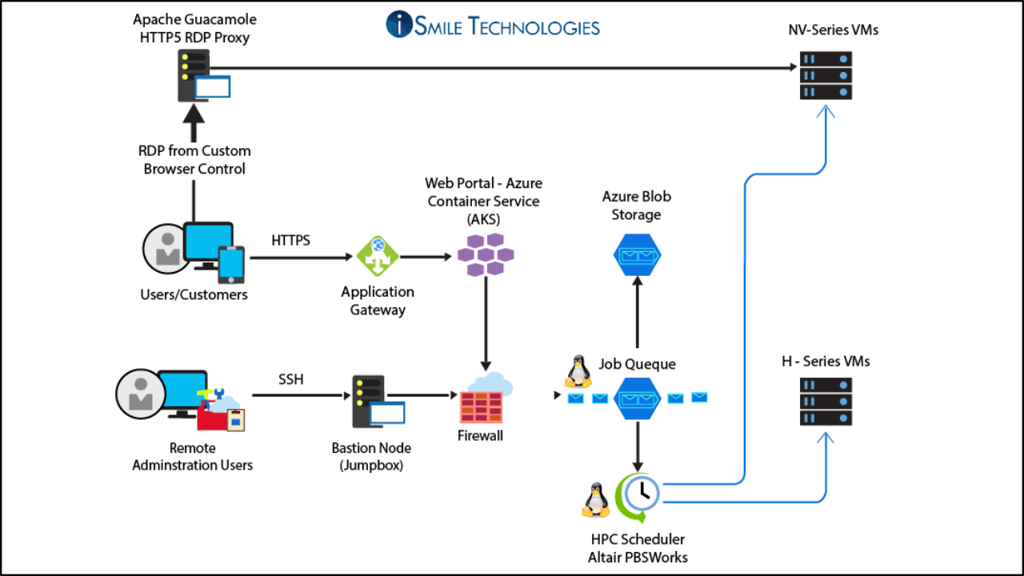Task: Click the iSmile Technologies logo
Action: tap(492, 24)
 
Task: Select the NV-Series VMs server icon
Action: tap(826, 75)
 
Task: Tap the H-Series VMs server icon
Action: tap(826, 402)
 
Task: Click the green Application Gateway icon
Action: tap(377, 257)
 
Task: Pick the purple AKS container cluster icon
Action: tap(485, 255)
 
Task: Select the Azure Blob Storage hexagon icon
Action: tap(637, 255)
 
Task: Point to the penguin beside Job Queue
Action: tap(577, 372)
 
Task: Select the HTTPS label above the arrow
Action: tap(291, 240)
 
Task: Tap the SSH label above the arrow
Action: tap(290, 379)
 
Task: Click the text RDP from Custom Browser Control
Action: tap(194, 160)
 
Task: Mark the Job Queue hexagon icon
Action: tap(637, 398)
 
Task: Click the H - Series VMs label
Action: tap(826, 362)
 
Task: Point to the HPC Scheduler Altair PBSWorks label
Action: tap(637, 548)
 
